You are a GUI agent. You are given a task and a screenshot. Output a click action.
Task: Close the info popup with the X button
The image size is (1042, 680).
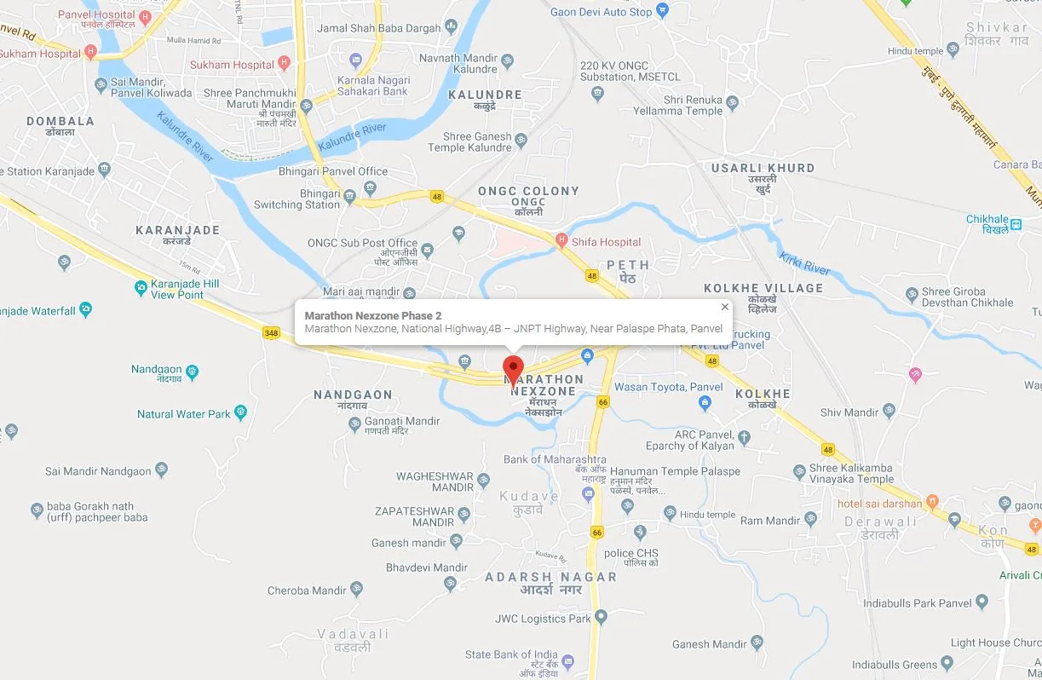pos(725,308)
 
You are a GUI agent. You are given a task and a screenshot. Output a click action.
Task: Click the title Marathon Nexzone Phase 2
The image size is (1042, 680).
pos(373,315)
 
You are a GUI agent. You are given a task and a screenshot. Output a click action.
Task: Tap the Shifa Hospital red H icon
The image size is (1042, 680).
pos(561,241)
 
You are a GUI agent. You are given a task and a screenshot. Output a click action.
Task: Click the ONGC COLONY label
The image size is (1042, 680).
pos(528,191)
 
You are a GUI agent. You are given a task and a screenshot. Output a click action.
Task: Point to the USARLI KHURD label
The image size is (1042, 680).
pos(763,168)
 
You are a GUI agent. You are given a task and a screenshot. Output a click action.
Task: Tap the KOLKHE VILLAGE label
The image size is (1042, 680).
pos(763,288)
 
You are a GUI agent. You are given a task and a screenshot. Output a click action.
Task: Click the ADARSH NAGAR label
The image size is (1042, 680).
pos(550,577)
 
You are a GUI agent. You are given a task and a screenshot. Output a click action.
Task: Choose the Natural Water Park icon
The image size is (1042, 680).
pos(241,414)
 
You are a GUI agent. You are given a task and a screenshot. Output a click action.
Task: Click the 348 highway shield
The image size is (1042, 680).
pos(271,332)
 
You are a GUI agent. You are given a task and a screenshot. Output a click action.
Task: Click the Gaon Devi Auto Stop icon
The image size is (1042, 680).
pos(664,12)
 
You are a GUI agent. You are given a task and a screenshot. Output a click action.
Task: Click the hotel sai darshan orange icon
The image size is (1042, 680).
pos(933,503)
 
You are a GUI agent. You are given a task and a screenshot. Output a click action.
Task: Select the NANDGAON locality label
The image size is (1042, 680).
pos(353,395)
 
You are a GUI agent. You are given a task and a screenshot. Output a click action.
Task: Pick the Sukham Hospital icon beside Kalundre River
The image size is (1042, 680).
pos(285,64)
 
